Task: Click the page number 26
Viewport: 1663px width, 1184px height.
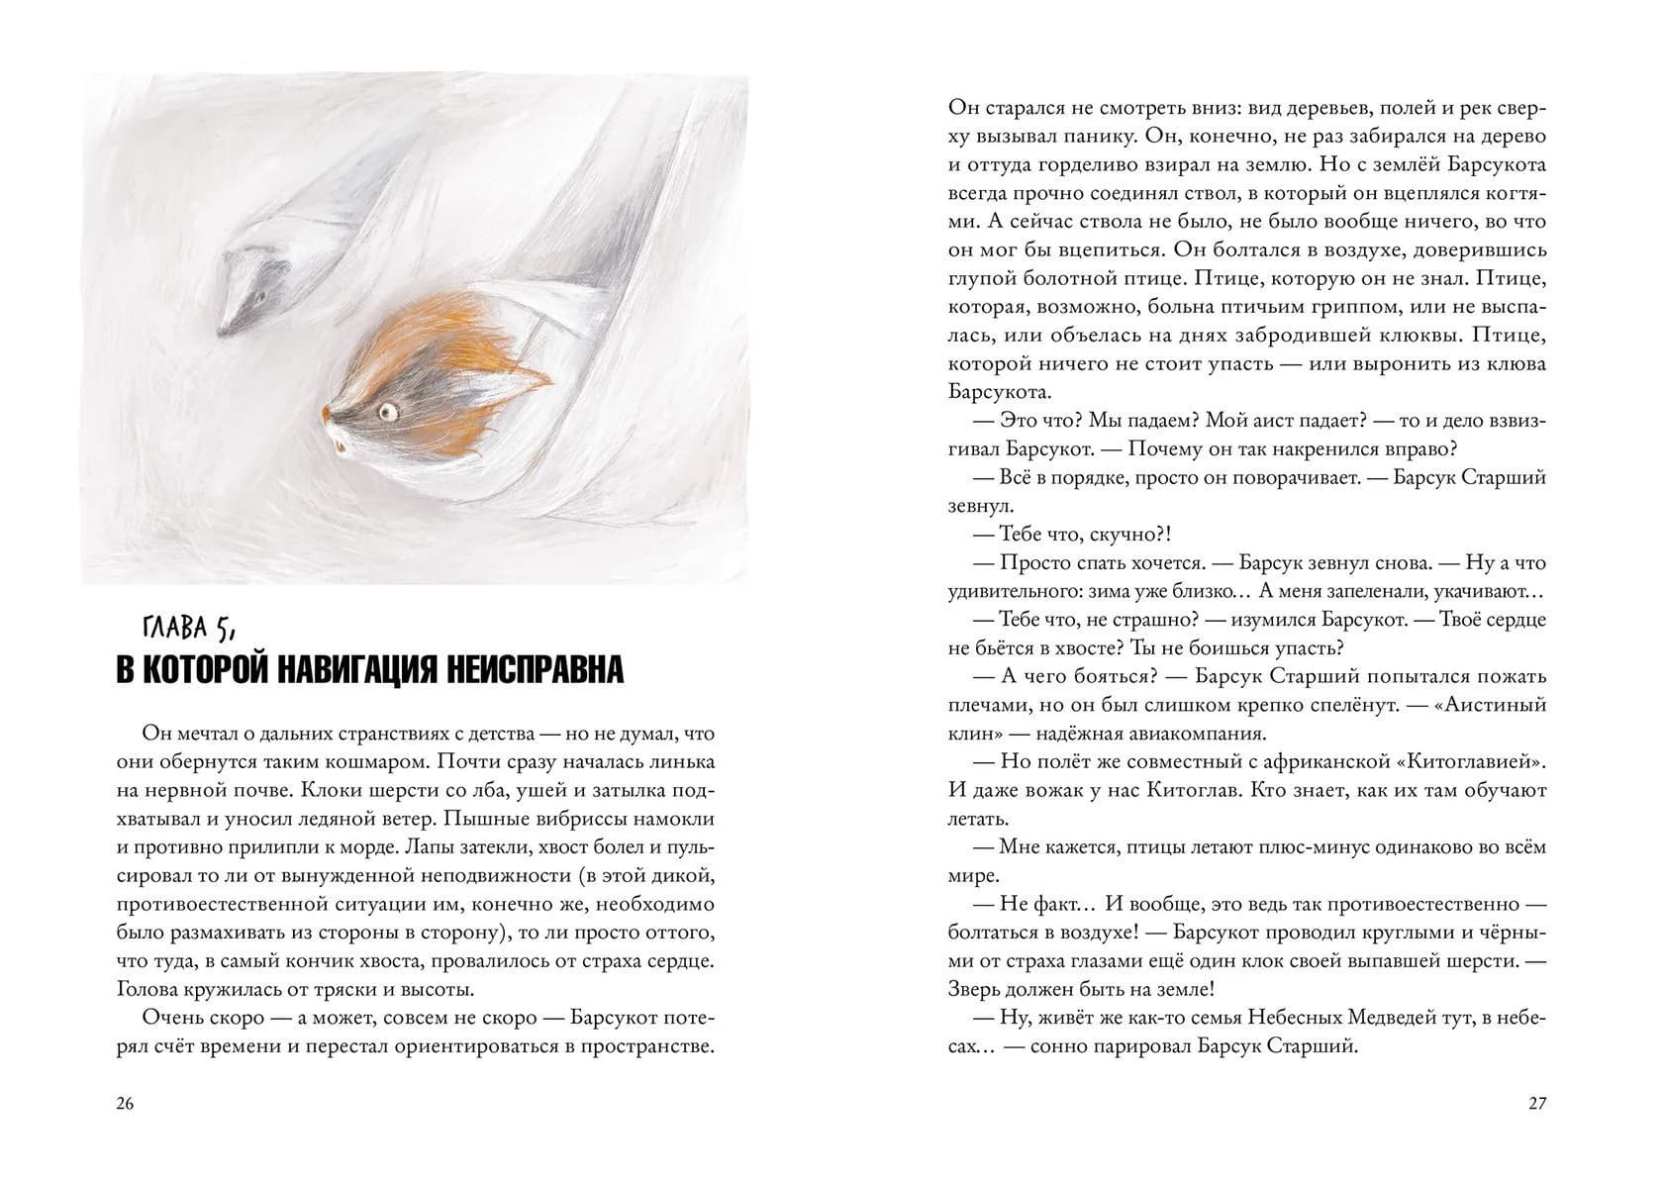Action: [125, 1105]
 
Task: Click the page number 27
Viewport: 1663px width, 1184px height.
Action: [1536, 1105]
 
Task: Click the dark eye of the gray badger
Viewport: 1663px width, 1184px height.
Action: [259, 294]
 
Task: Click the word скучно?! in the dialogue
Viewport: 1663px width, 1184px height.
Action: [1125, 535]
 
